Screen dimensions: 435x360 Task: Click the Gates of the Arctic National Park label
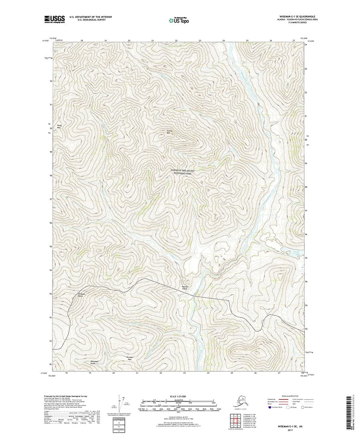[185, 172]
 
